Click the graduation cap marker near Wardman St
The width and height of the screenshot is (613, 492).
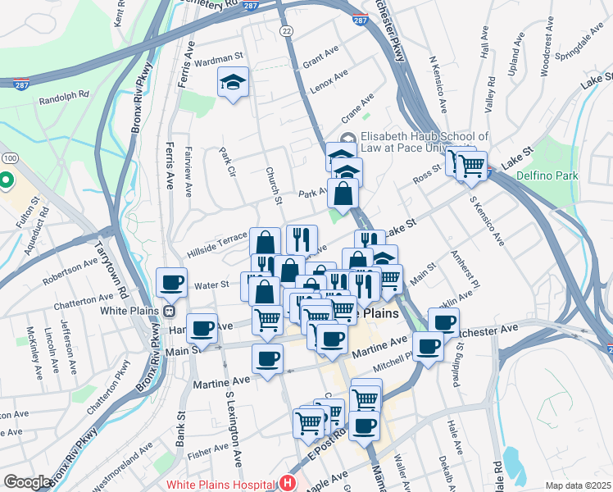pyautogui.click(x=233, y=82)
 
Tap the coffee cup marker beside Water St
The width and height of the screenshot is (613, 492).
pyautogui.click(x=171, y=283)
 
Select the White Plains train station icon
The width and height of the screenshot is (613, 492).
pyautogui.click(x=168, y=312)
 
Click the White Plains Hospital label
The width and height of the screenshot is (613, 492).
pyautogui.click(x=221, y=484)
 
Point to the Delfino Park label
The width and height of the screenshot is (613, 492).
pyautogui.click(x=548, y=175)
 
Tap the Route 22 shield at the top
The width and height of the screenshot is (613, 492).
pyautogui.click(x=285, y=30)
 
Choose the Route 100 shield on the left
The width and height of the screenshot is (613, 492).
pyautogui.click(x=10, y=157)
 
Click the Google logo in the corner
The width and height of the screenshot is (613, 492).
pyautogui.click(x=27, y=482)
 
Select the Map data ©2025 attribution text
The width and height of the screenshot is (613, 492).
pyautogui.click(x=578, y=485)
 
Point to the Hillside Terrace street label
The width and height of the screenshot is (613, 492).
pyautogui.click(x=216, y=238)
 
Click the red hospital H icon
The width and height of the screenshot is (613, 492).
pyautogui.click(x=287, y=484)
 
